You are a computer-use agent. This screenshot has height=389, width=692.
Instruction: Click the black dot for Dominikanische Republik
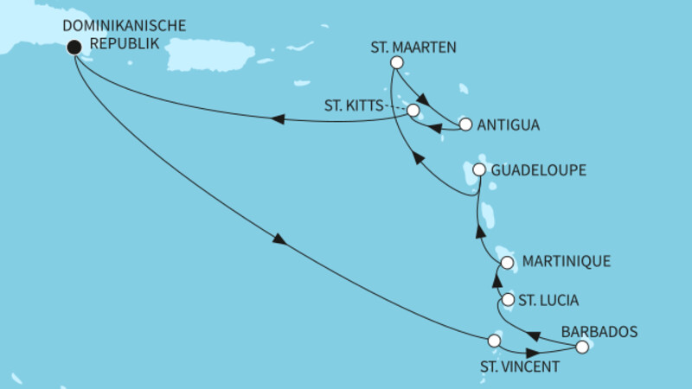tap(74, 48)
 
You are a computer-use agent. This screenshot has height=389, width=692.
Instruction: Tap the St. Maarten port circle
tap(397, 62)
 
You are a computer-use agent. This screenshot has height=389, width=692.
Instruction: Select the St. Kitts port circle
tap(413, 112)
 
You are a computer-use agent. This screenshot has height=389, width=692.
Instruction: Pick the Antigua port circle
tap(465, 124)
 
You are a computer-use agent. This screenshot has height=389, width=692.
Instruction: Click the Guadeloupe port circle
tap(479, 170)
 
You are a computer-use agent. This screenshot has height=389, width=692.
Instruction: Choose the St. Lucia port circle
tap(508, 301)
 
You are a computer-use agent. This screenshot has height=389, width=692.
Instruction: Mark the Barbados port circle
tap(582, 347)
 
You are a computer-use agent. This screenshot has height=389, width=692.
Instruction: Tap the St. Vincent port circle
tap(495, 340)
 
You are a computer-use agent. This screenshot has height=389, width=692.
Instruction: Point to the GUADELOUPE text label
tap(539, 170)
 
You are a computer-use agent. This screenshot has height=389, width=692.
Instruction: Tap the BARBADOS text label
tap(599, 331)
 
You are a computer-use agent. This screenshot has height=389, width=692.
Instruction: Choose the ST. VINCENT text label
tap(520, 367)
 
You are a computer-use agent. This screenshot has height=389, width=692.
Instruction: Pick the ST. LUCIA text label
tap(550, 301)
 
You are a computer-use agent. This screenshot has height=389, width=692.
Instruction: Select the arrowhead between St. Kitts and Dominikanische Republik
tap(279, 121)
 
